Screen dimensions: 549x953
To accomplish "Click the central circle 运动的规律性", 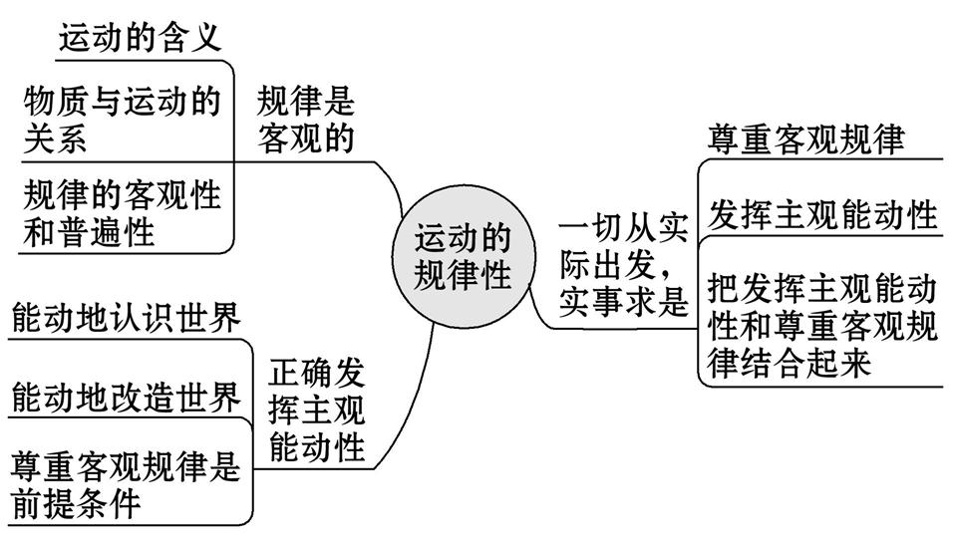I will click(462, 256).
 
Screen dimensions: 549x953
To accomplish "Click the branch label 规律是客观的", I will click(306, 119).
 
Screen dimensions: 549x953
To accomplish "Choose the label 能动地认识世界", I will click(126, 319).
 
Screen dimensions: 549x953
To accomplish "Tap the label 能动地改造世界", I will click(126, 398).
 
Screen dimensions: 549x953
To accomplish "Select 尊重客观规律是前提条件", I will click(126, 484).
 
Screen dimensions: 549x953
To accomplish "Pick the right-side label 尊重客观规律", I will click(807, 138).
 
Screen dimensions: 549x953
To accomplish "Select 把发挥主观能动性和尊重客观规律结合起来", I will click(823, 325).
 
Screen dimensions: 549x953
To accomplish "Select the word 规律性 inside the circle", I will click(463, 275).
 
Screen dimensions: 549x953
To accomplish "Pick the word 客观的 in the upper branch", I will click(306, 138).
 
